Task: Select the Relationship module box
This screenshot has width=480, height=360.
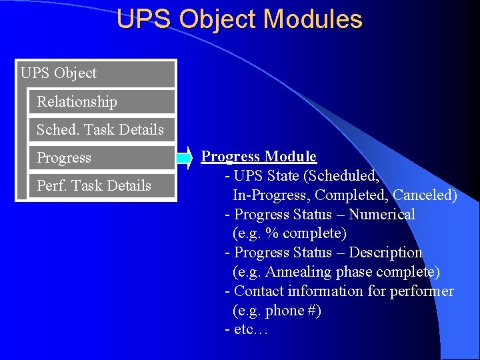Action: tap(102, 102)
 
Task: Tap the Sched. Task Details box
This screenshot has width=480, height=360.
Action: tap(102, 130)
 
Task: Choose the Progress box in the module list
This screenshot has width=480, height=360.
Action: tap(102, 158)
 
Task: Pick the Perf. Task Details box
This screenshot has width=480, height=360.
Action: tap(102, 186)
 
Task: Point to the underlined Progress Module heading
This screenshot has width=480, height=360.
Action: tap(259, 157)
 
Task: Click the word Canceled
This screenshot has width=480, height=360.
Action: tap(425, 195)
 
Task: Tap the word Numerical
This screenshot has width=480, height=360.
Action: tap(382, 215)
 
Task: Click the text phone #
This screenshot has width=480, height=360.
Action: tap(293, 311)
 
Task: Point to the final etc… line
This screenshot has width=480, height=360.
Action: tap(247, 329)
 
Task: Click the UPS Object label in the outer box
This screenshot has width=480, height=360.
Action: tap(59, 73)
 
